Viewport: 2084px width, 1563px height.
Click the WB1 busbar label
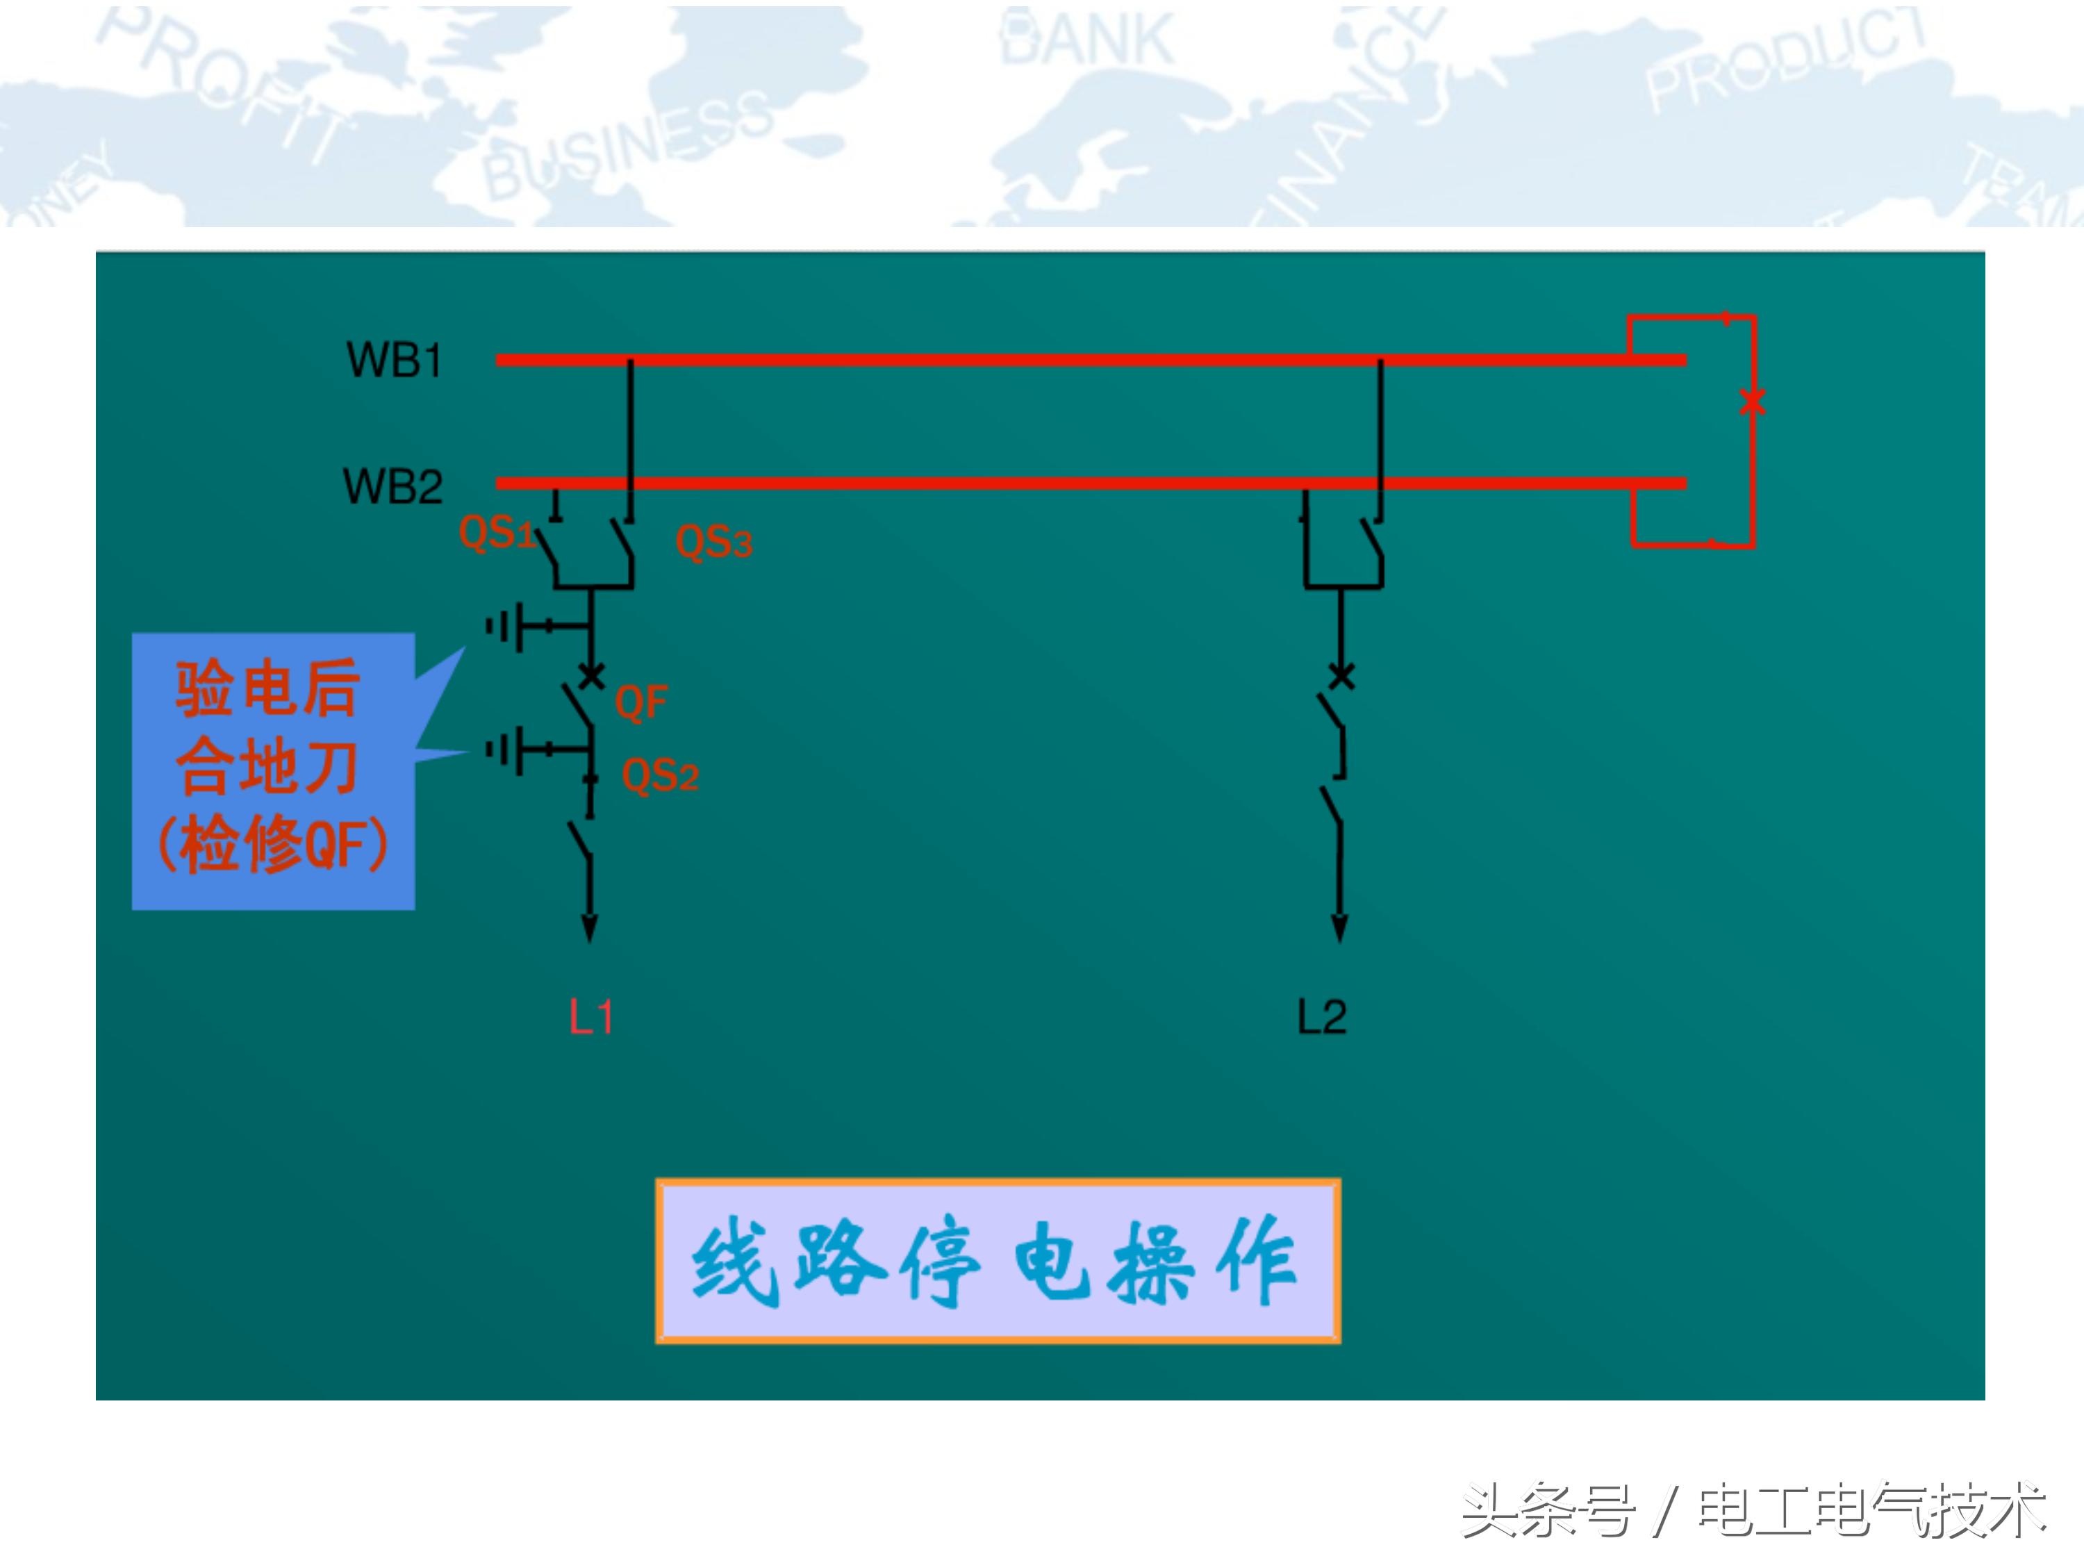(394, 360)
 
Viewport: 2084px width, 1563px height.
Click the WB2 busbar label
(392, 486)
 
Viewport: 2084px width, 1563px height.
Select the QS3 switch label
(713, 543)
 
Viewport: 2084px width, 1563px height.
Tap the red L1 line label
(590, 1018)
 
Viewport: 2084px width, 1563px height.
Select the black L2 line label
(1322, 1018)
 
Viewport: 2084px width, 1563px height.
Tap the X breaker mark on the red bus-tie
(1753, 402)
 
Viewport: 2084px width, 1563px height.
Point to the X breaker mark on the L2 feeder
(1341, 675)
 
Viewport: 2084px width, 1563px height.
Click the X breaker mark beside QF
(590, 675)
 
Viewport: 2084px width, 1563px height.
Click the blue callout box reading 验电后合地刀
(273, 770)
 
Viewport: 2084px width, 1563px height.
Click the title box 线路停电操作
(998, 1261)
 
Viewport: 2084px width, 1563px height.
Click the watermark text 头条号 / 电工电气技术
(1753, 1510)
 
